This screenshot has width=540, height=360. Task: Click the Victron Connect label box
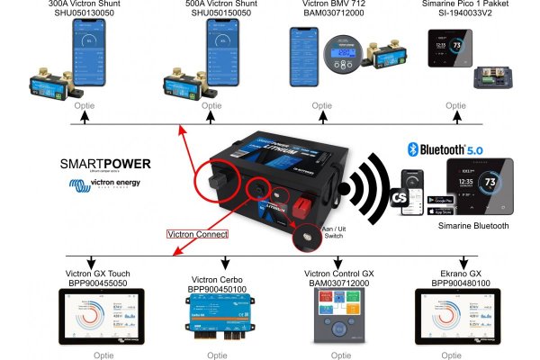[198, 233]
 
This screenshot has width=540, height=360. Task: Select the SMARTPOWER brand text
[105, 165]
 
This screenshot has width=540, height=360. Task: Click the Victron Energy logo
[106, 185]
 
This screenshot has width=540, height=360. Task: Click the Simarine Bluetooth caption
[472, 226]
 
